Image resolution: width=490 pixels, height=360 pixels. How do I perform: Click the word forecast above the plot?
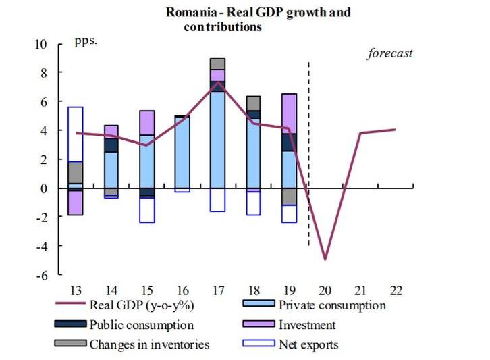point(389,53)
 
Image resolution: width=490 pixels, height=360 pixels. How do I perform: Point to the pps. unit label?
point(86,40)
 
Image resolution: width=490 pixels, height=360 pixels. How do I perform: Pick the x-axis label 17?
point(217,290)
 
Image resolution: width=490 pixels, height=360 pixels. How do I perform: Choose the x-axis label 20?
point(325,290)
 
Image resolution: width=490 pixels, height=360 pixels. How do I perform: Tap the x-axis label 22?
point(396,290)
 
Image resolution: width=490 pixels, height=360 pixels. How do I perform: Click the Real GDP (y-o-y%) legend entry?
point(136,305)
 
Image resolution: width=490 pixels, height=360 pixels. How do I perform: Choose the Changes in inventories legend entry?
point(148,344)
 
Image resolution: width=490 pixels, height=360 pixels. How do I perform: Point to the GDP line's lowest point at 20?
point(325,259)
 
